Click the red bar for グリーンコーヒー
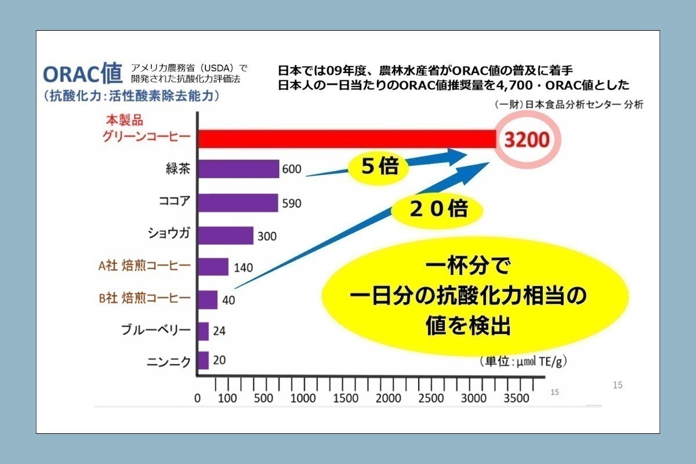348,139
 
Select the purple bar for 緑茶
238,169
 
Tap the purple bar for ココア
238,203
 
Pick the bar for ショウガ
226,235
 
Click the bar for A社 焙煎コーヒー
213,267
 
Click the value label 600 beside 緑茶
292,169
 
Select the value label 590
291,204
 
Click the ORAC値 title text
82,74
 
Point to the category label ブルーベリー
155,331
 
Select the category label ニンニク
168,361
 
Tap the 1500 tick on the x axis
346,398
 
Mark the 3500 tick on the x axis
516,398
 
